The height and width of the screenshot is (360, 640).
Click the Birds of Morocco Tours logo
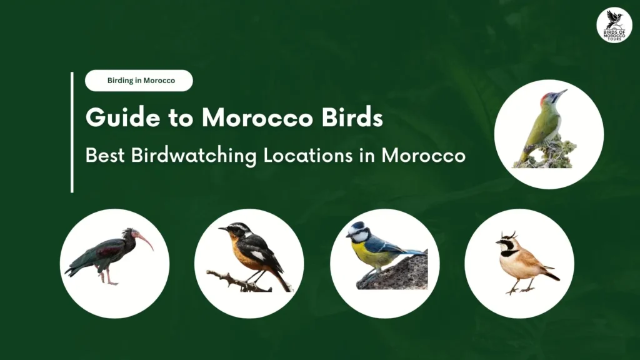(x=614, y=25)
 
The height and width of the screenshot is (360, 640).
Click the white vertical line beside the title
(x=72, y=132)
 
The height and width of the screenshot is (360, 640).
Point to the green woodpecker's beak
(x=562, y=93)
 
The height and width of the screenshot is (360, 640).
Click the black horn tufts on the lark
(x=509, y=235)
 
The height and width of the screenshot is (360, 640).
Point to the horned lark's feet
(x=520, y=290)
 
